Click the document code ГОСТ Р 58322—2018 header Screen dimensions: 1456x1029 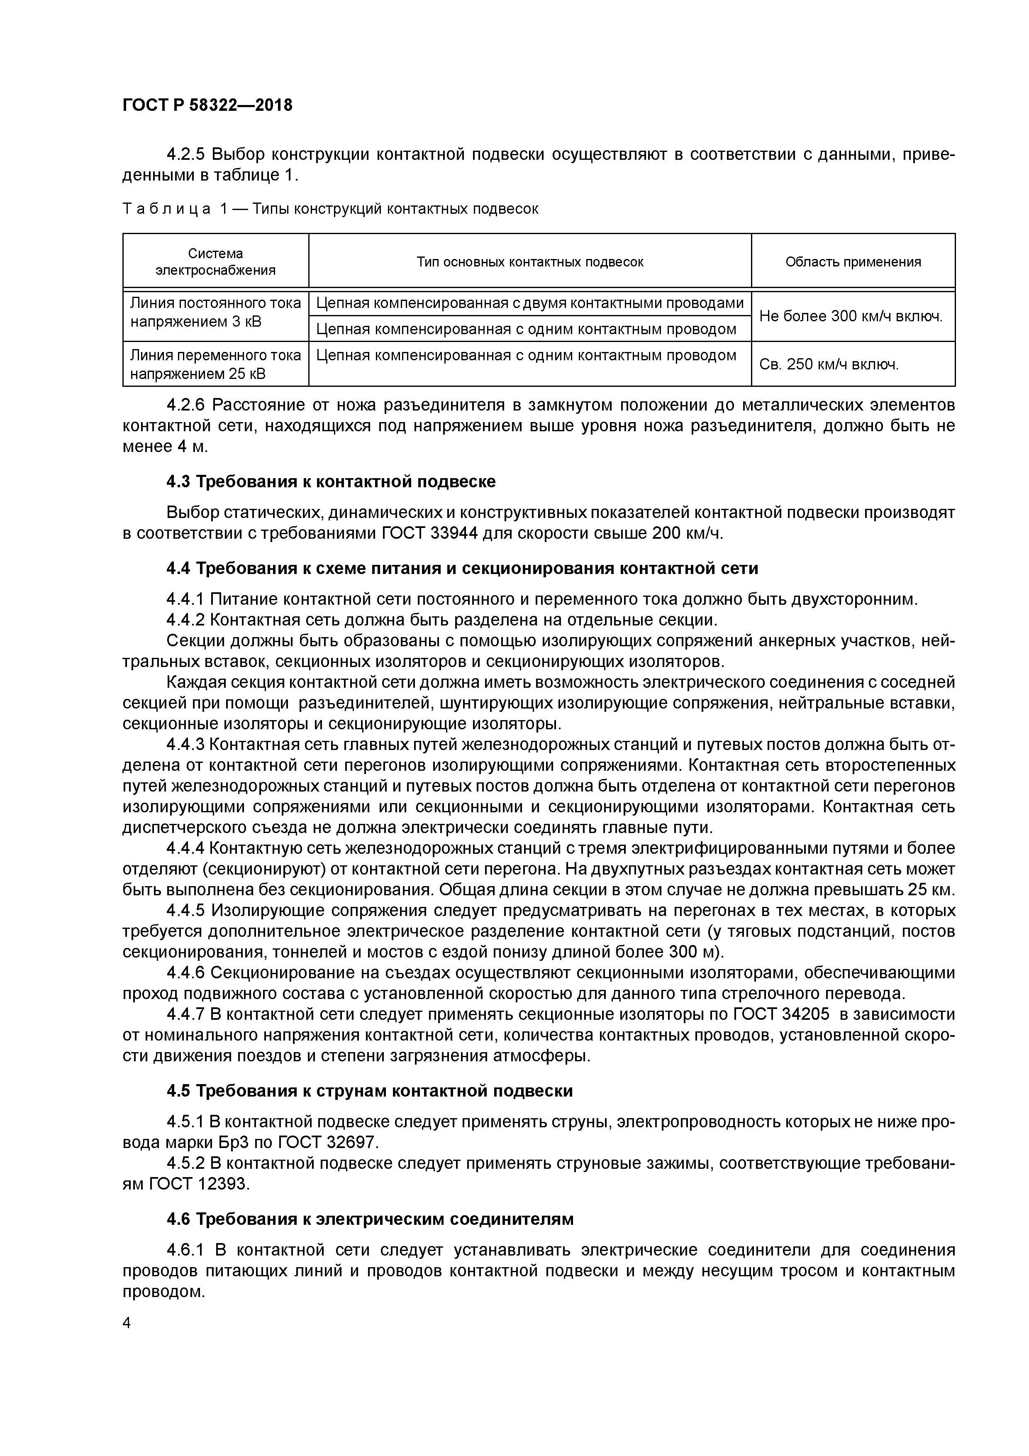coord(207,105)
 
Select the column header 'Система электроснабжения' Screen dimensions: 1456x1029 coord(216,261)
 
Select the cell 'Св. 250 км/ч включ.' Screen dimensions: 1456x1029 coord(829,365)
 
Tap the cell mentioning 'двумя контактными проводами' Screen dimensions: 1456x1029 coord(529,303)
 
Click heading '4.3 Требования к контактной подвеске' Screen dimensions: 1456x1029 coord(331,481)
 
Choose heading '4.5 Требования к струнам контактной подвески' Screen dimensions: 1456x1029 coord(370,1090)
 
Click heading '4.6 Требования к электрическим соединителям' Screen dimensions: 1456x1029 coord(370,1219)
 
